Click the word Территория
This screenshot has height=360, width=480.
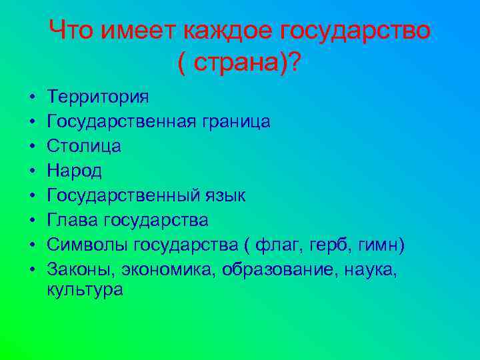pos(98,97)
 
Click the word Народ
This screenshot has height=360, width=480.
pos(75,170)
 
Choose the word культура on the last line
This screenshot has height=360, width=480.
pos(85,290)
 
